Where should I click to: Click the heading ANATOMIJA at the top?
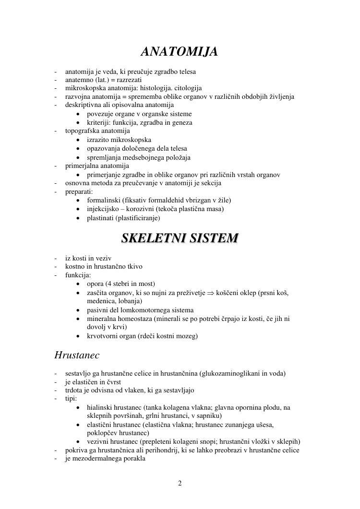point(180,51)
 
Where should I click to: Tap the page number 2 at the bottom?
point(180,483)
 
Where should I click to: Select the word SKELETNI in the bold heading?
point(152,238)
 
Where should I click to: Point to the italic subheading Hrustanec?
point(77,355)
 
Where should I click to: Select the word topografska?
point(82,131)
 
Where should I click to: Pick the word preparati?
point(79,191)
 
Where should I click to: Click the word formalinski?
point(103,200)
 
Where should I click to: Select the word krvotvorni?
point(102,336)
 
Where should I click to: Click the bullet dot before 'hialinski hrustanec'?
point(78,408)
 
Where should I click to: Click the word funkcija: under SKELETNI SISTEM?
point(78,275)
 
